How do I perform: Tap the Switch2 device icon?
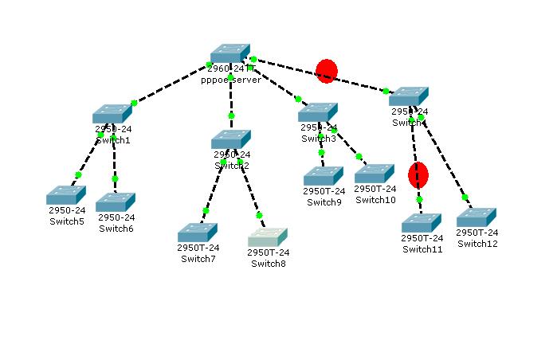(231, 140)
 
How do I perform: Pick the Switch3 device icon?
(318, 112)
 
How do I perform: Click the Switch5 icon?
(65, 195)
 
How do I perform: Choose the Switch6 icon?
(116, 202)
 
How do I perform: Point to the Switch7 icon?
(198, 233)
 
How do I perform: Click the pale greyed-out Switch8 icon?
(267, 237)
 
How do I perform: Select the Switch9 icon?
(323, 176)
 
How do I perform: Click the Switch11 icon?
(422, 223)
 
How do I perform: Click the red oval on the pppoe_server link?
(327, 71)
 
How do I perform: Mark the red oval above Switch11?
(418, 174)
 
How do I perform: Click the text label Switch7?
(198, 258)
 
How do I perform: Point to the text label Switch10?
(375, 200)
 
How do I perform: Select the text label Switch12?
(477, 244)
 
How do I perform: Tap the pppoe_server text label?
(231, 80)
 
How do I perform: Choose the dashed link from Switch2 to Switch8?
(249, 189)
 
